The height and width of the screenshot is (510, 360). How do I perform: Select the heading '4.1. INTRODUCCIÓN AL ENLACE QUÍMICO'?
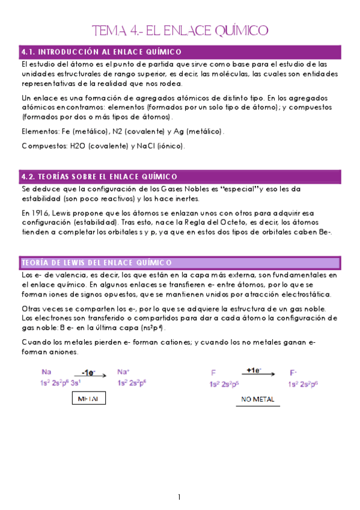click(101, 52)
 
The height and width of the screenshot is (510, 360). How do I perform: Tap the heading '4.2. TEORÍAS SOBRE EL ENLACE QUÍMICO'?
click(99, 177)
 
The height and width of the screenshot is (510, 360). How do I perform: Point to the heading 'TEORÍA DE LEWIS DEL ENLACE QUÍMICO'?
click(96, 246)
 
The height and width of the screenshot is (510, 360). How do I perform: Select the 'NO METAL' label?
click(258, 399)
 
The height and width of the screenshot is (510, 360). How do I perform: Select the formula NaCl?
click(143, 146)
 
